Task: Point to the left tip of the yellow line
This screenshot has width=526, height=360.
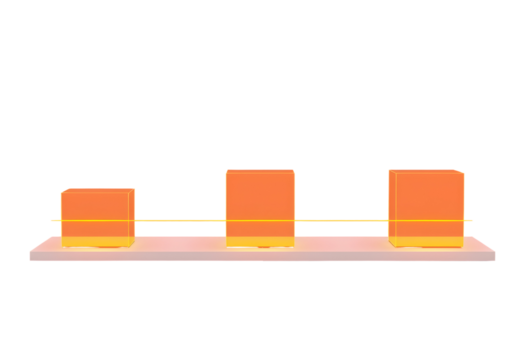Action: (50, 220)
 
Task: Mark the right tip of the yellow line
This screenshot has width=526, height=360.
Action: (473, 220)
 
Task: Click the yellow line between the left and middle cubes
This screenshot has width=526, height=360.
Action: (180, 220)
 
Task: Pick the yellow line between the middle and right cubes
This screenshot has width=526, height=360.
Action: (342, 220)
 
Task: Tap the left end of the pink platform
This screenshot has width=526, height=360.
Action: (33, 251)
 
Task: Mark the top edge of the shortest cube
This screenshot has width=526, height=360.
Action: (97, 189)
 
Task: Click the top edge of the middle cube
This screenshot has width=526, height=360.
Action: (260, 171)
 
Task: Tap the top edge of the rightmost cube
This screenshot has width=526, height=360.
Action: (425, 171)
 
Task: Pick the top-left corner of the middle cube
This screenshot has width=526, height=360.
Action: (226, 171)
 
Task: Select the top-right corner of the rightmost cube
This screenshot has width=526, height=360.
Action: (464, 172)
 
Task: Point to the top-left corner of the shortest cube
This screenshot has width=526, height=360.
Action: (61, 190)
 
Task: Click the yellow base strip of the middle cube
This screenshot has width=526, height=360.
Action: (260, 242)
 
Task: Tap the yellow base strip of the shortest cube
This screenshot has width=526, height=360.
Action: (97, 242)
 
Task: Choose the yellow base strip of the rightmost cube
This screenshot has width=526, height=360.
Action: (425, 242)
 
